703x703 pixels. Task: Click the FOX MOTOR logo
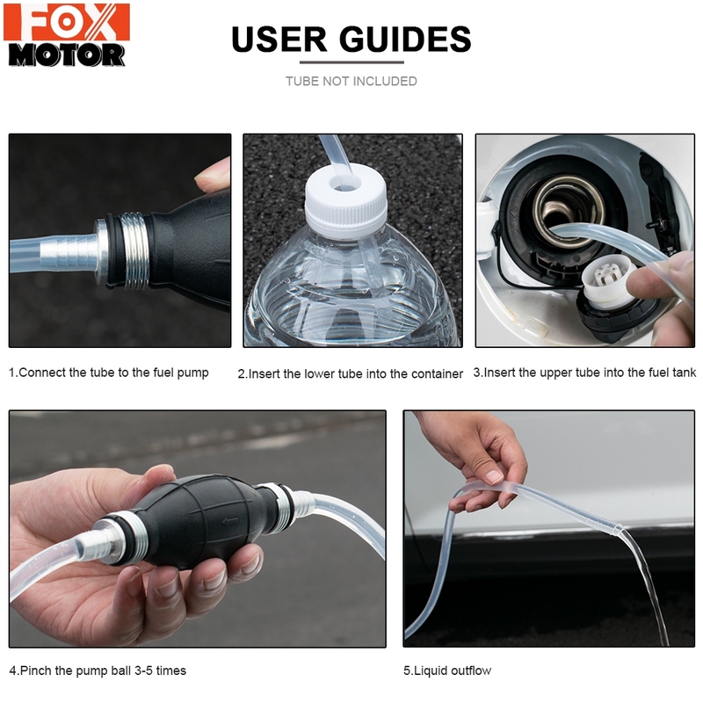point(67,35)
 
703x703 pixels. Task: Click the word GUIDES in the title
point(403,39)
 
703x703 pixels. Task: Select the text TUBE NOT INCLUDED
point(351,81)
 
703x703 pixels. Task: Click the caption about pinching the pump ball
point(98,670)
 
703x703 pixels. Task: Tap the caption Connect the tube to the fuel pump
point(109,373)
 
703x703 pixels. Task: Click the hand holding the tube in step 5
point(479,457)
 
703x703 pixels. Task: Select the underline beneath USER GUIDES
point(351,62)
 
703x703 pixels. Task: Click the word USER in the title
point(279,39)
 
